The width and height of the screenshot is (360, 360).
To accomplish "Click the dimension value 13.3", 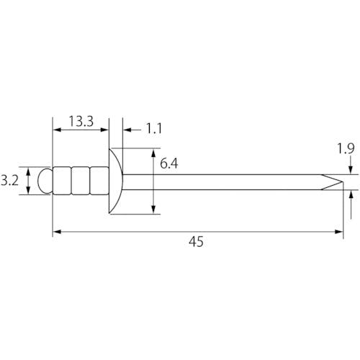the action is tap(81, 121).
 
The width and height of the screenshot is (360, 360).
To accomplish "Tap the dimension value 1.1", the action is tap(154, 128).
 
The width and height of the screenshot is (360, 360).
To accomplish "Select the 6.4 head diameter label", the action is tap(169, 163).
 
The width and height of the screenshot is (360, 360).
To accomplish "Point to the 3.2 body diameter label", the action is tap(9, 181).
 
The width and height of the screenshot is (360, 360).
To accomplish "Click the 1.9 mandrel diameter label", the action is tap(346, 148).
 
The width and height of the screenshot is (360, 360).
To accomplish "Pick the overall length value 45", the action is tap(196, 241).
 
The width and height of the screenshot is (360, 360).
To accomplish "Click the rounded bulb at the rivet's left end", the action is tap(45, 181).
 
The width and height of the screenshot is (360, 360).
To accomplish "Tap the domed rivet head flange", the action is tap(116, 181).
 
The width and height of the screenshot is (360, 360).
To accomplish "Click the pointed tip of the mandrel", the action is tap(342, 182).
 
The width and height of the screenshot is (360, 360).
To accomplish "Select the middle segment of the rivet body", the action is tap(81, 181).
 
